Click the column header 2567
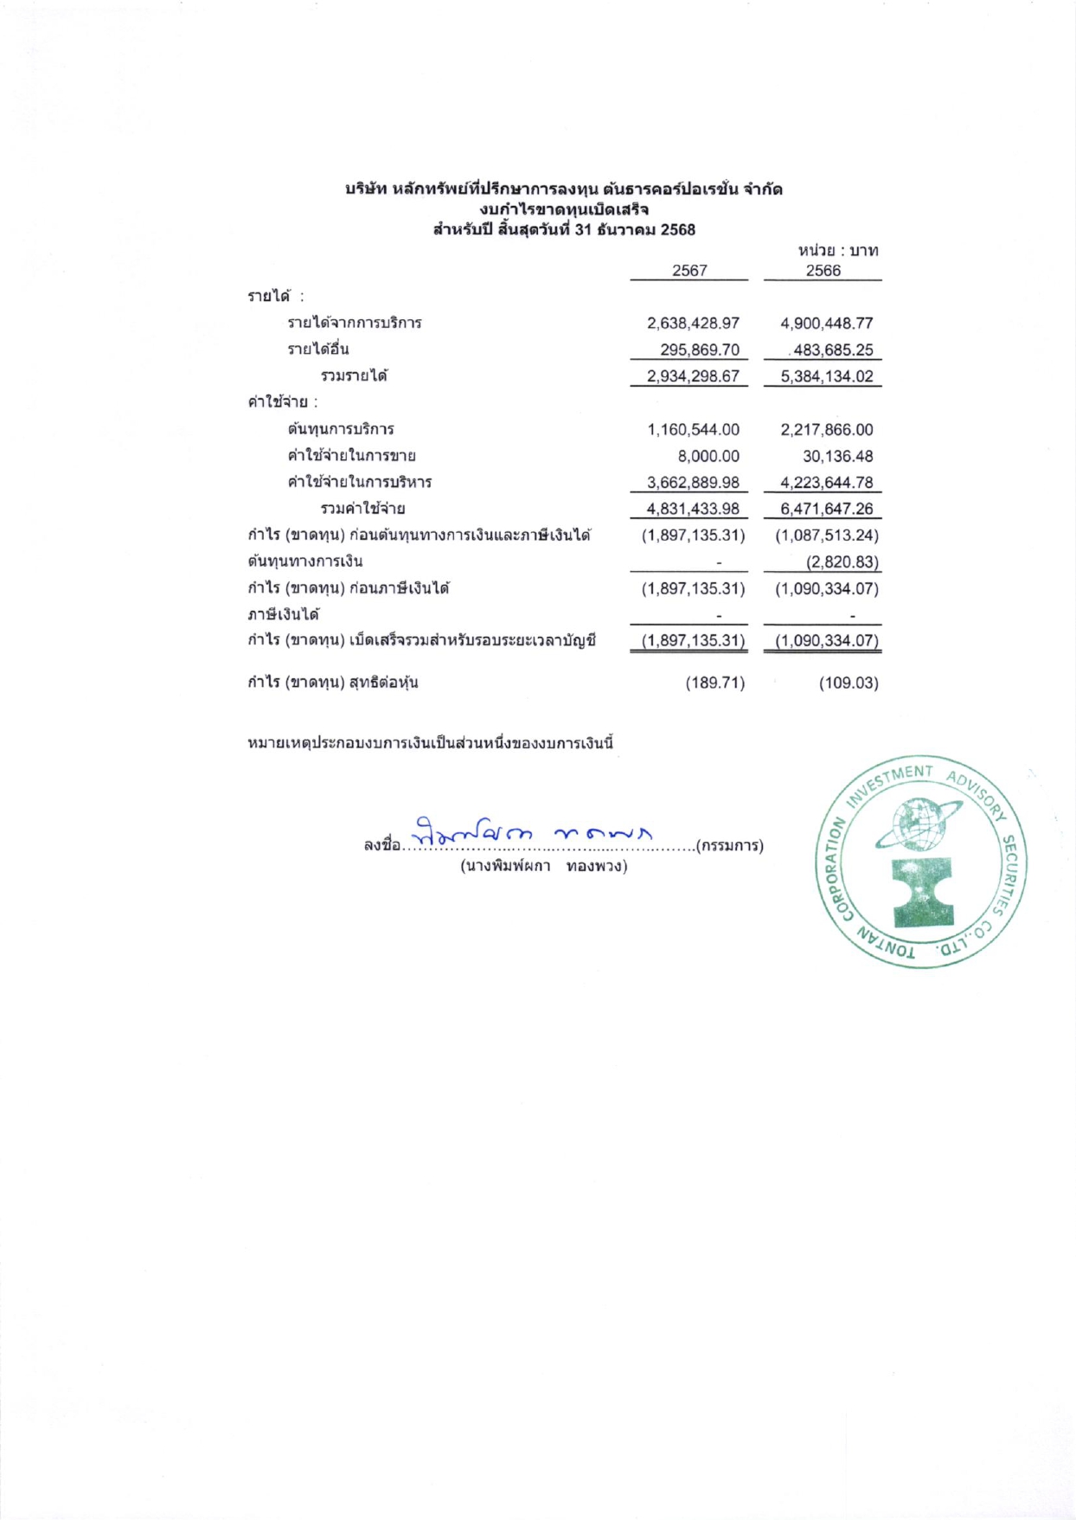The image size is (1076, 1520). pos(689,271)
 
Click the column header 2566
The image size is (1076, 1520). pos(823,271)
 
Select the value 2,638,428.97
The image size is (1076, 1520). pos(693,324)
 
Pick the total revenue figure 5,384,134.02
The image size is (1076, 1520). pos(826,377)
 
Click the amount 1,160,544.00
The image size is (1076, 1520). pos(693,430)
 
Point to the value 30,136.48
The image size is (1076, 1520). pos(837,456)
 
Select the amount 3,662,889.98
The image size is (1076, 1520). pos(693,483)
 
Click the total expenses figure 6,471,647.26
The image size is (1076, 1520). pos(826,509)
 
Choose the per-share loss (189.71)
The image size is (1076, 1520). pos(715,683)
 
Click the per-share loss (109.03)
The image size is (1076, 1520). pos(849,683)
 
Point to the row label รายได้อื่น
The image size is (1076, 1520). pos(318,350)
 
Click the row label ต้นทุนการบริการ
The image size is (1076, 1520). pos(341,429)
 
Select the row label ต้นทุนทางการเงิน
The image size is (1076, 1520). pos(305,561)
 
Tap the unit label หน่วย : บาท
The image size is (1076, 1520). pos(837,251)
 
